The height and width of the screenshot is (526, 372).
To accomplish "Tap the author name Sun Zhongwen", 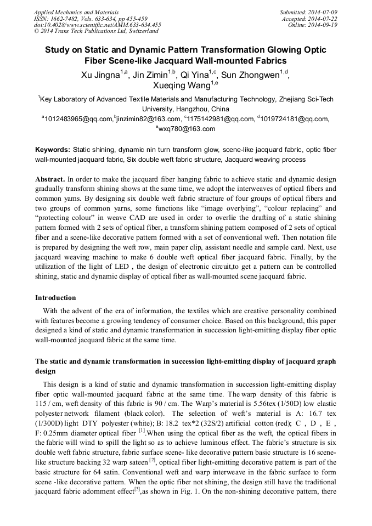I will coord(254,75).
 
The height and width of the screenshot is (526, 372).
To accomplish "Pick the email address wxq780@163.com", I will coord(187,129).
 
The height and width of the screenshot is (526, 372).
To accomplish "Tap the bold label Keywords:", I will coord(53,150).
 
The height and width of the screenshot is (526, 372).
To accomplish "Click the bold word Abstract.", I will coord(50,179).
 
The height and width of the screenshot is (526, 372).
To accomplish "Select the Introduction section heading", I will coord(55,298).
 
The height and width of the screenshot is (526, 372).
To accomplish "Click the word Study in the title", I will coord(58,50).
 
